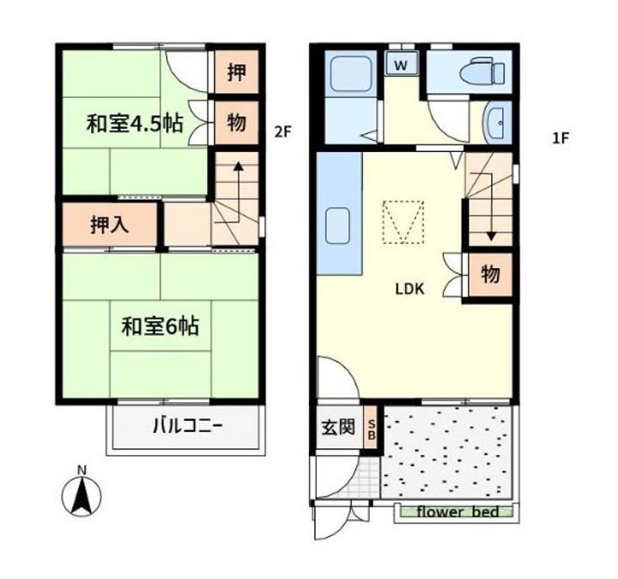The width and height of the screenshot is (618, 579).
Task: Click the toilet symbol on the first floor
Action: coord(482,71)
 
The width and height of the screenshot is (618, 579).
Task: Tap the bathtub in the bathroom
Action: coord(349,73)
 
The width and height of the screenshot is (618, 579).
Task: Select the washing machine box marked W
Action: coord(401,64)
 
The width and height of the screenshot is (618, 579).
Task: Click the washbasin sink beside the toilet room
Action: coord(497,123)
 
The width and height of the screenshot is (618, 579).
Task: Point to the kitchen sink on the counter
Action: coord(337,227)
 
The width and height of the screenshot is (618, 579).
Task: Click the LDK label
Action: coord(410,289)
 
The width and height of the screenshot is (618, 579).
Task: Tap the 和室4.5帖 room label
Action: coord(135,123)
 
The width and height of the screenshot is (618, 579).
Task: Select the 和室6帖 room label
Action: coord(160,326)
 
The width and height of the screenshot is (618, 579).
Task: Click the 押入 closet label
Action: coord(110,225)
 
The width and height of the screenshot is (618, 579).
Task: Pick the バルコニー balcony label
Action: coord(188,426)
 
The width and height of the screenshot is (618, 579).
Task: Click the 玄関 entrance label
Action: coord(338,427)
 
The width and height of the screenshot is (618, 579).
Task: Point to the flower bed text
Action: coord(458,512)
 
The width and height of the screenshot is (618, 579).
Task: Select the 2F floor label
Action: coord(282,131)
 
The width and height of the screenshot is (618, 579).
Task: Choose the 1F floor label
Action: coord(560,138)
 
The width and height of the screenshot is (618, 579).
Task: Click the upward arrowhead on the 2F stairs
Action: coord(238,166)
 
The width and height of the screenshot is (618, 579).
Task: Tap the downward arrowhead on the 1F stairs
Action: coord(491,236)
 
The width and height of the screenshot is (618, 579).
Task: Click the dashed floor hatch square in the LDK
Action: coord(403,222)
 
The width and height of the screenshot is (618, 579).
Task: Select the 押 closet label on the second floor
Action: coord(237,72)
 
